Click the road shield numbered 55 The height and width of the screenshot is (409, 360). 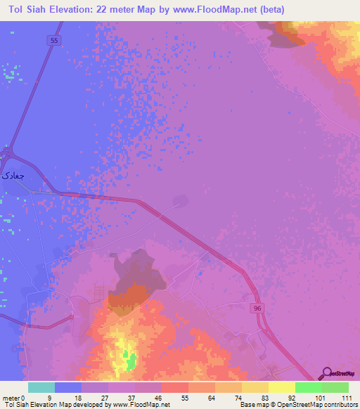[55, 41]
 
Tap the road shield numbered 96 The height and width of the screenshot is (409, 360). [257, 308]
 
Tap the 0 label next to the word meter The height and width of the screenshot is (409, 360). [23, 397]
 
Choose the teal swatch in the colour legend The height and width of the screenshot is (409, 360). [41, 387]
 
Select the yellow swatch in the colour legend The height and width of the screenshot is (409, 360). [282, 387]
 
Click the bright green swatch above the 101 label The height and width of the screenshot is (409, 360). [309, 387]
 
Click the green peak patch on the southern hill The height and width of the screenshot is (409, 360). [130, 362]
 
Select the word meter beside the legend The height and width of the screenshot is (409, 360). [11, 397]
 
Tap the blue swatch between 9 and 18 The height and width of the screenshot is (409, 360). [68, 387]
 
